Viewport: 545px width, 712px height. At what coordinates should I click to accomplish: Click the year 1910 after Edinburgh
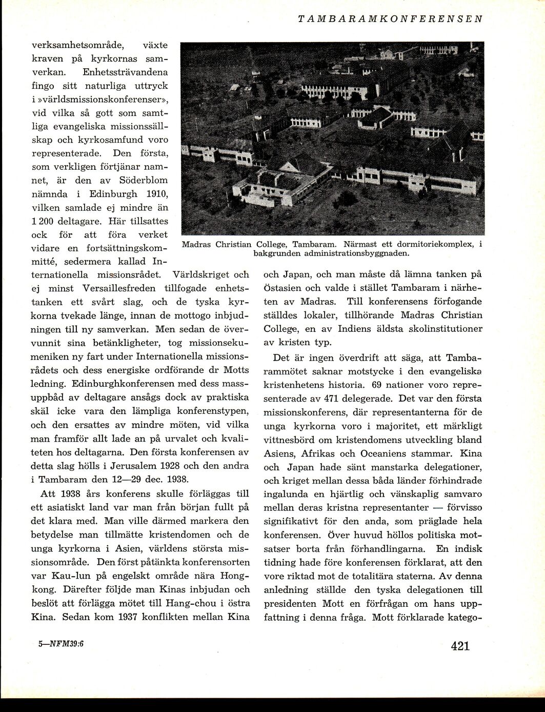155,194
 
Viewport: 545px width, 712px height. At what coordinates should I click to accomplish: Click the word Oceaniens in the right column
386,453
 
